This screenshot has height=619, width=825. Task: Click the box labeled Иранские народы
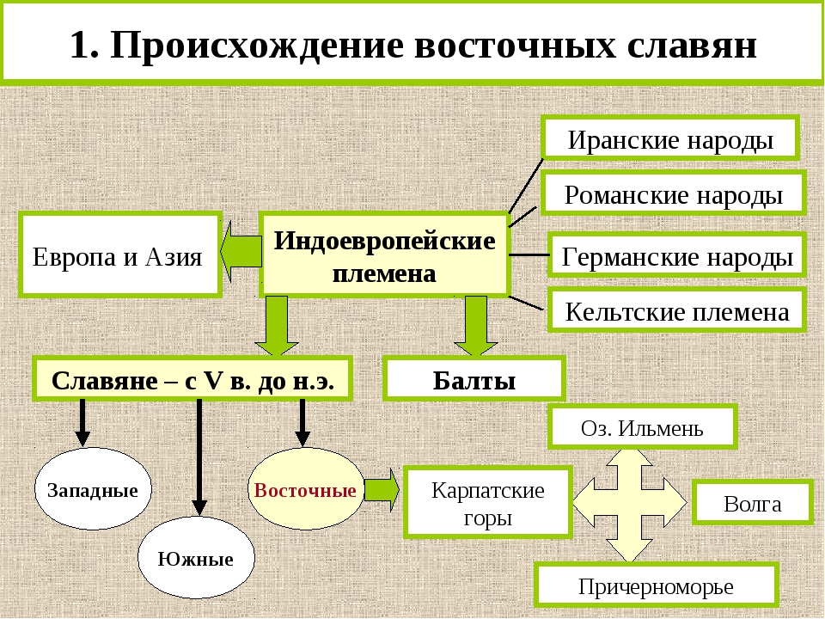[670, 138]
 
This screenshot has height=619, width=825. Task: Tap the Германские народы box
[676, 255]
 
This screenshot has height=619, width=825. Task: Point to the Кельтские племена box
[676, 310]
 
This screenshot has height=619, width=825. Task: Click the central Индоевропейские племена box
[384, 255]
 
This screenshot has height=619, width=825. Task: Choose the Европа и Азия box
[118, 255]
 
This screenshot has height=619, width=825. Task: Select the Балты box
[474, 379]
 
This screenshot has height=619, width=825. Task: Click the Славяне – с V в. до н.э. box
[192, 379]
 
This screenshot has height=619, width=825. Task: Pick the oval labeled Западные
[93, 490]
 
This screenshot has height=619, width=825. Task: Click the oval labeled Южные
[196, 558]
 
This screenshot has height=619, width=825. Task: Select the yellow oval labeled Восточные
[305, 490]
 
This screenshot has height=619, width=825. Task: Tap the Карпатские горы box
[487, 503]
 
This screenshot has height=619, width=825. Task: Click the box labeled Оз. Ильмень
[642, 427]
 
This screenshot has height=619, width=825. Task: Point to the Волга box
[752, 503]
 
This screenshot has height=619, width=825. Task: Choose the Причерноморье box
[656, 585]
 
